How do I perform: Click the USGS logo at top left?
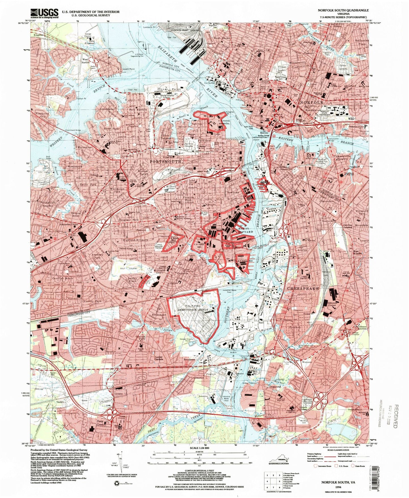tap(44, 13)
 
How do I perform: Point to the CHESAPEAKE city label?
tap(303, 288)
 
